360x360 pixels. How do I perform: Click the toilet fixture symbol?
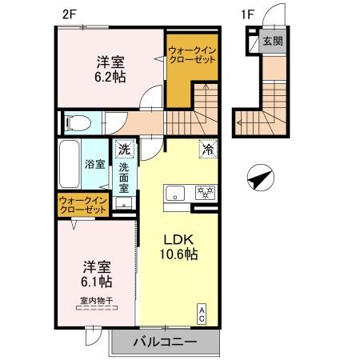tap(78, 123)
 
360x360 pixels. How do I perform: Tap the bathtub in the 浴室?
tap(70, 164)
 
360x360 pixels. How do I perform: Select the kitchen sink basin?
tap(175, 193)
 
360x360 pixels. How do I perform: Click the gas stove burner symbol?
tap(205, 193)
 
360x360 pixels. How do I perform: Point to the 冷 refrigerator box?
tap(208, 150)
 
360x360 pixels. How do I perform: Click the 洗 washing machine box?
tap(124, 149)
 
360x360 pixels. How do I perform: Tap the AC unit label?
tap(202, 314)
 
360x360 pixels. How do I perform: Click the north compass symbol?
tap(261, 178)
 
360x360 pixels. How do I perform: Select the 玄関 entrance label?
tap(273, 41)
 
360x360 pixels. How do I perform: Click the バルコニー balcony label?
tap(166, 342)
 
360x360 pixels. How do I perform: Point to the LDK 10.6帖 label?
tap(178, 247)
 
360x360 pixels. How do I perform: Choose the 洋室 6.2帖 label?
tap(110, 70)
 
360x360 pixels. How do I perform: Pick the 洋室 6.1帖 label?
tap(97, 274)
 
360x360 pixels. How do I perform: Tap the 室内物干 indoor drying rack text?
tap(97, 301)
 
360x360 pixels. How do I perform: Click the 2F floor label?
tap(70, 14)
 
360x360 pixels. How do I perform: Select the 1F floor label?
tap(247, 14)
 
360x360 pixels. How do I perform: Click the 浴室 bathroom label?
tap(95, 164)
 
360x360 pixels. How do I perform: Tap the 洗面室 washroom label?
tap(124, 178)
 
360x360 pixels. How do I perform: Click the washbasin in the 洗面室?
tap(124, 203)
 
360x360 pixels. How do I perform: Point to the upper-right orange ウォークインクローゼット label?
tap(192, 54)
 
